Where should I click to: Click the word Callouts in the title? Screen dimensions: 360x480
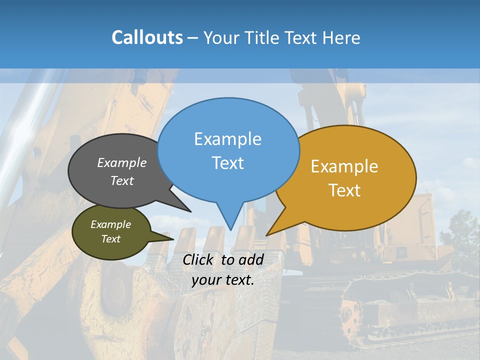(147, 37)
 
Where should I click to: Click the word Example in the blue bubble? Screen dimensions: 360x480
(227, 139)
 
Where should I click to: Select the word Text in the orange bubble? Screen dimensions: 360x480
(344, 190)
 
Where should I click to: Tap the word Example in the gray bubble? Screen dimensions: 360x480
(122, 163)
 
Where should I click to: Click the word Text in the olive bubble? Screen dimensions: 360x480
(110, 239)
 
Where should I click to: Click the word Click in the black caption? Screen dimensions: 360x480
(198, 259)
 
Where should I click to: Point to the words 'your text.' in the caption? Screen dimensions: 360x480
(223, 280)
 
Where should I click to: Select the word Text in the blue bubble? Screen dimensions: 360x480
(227, 163)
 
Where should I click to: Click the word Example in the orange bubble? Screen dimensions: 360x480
(344, 166)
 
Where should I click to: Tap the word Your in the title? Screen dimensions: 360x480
(221, 37)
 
